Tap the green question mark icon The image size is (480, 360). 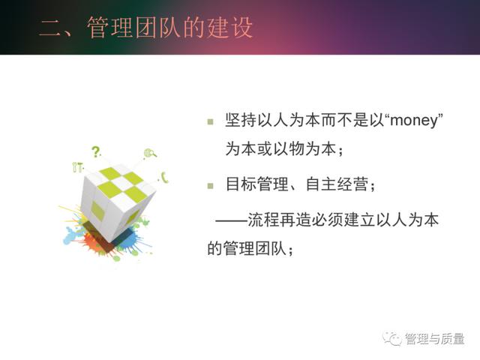[96, 151]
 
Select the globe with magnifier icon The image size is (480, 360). [150, 153]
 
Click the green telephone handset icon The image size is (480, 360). [165, 178]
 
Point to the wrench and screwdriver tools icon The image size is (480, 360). [77, 167]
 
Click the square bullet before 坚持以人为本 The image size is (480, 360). [210, 121]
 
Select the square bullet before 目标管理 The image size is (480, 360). [210, 186]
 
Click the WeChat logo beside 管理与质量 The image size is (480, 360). [391, 339]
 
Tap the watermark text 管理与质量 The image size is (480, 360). [435, 339]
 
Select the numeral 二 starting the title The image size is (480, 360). [50, 28]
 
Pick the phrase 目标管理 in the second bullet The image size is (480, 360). [257, 184]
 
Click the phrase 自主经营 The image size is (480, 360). [337, 184]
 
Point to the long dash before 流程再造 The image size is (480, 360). [232, 220]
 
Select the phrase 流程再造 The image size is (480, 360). [279, 220]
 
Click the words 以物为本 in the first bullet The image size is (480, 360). [305, 149]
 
